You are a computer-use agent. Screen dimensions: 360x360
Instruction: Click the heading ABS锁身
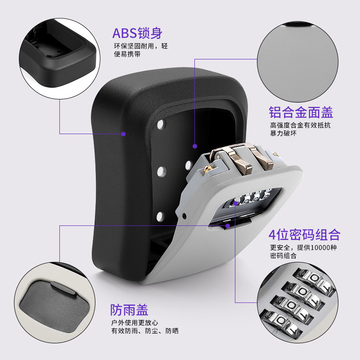click(137, 33)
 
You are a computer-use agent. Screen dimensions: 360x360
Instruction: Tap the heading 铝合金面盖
click(301, 112)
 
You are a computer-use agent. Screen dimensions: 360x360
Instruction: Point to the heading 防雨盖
click(129, 310)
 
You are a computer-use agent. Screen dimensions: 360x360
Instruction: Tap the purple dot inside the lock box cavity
click(194, 146)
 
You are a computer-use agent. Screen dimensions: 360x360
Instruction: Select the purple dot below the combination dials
click(228, 225)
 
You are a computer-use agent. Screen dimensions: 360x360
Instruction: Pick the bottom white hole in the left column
click(160, 219)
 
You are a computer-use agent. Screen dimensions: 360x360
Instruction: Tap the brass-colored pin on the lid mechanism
click(207, 170)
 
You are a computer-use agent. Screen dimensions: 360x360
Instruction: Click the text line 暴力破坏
click(283, 134)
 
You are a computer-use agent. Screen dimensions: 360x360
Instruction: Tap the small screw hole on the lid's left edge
click(185, 215)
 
